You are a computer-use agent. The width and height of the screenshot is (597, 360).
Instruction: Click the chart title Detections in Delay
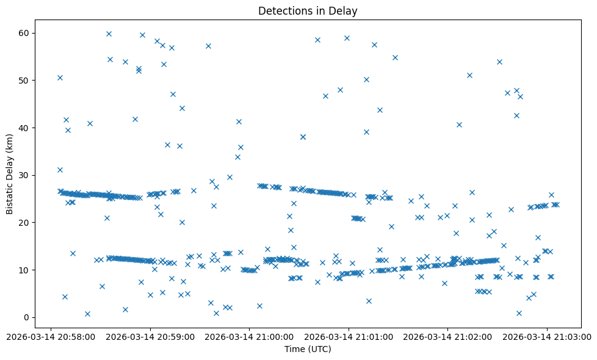tap(308, 11)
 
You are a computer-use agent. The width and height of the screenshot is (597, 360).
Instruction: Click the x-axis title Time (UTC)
tap(308, 349)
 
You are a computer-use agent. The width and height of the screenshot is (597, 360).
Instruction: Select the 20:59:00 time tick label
tap(150, 336)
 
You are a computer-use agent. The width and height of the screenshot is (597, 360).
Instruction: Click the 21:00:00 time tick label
tap(250, 336)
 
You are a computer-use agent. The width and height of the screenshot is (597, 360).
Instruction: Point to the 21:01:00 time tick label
tap(349, 336)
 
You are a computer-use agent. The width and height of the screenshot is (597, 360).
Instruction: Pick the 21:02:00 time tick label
tap(449, 336)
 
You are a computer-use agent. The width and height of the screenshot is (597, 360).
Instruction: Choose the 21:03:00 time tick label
tap(548, 336)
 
